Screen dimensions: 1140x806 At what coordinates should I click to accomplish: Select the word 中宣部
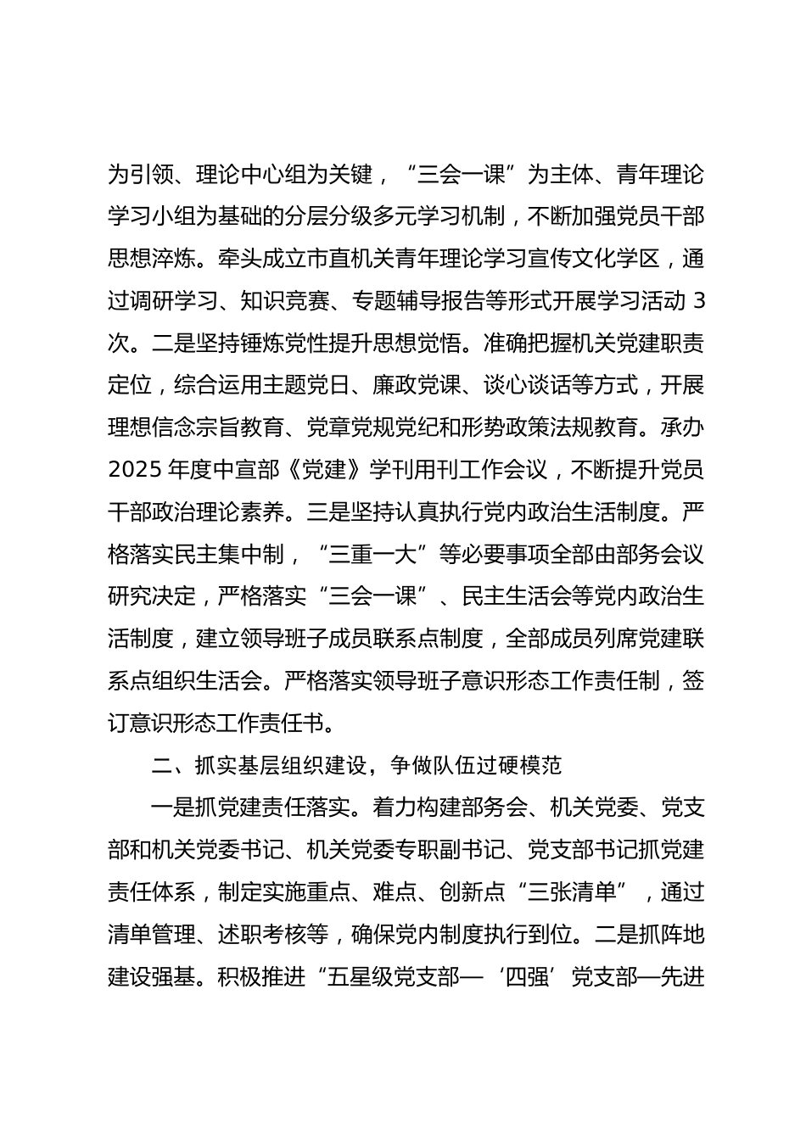[x=261, y=471]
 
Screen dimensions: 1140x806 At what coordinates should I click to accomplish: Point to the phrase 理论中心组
[x=251, y=176]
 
